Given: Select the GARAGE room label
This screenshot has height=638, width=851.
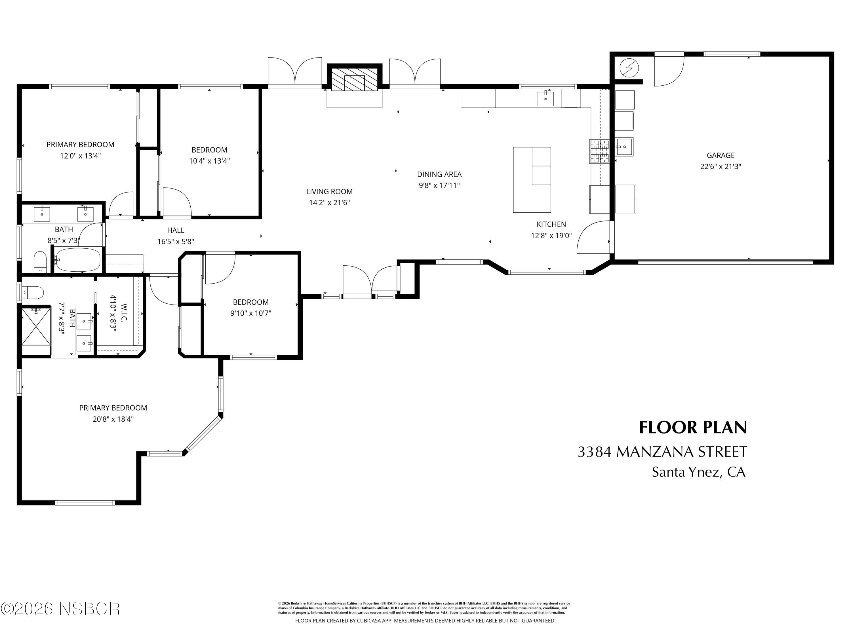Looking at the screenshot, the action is [x=720, y=155].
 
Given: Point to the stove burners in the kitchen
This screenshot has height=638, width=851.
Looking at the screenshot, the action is [x=599, y=151].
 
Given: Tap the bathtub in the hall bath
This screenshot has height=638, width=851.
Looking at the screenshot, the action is [x=77, y=260].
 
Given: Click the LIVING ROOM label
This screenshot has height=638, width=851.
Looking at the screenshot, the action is [x=329, y=191].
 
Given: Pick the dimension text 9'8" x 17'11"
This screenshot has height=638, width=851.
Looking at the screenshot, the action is [x=439, y=185].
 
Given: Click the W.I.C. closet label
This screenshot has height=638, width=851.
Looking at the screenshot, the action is [x=124, y=313].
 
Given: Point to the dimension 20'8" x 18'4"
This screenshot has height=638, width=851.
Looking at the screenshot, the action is [x=113, y=419].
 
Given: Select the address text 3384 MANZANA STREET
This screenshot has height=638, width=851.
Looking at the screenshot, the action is [x=662, y=452].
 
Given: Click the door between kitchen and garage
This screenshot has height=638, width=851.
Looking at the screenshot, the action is [x=593, y=237].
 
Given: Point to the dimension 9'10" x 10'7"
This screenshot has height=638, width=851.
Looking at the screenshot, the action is [x=251, y=313].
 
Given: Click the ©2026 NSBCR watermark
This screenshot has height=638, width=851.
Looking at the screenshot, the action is [x=60, y=609].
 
